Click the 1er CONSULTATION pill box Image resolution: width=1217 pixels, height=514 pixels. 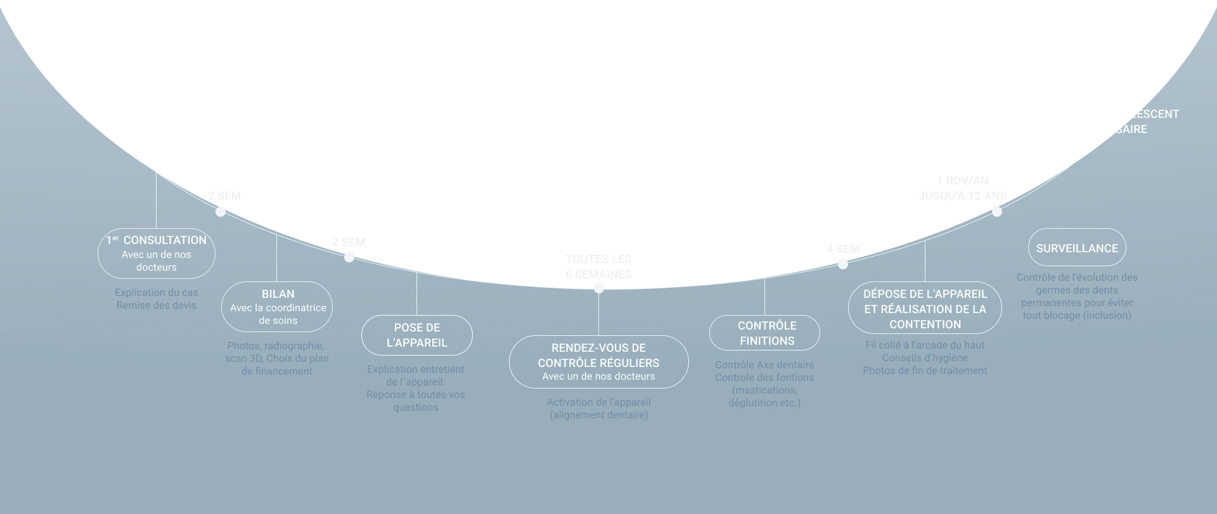click(157, 254)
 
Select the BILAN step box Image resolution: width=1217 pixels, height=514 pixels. click(277, 307)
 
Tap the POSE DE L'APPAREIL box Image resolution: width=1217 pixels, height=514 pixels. click(417, 335)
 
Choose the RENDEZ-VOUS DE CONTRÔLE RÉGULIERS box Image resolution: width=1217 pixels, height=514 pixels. click(598, 362)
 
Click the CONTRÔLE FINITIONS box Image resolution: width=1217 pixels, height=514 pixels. click(764, 333)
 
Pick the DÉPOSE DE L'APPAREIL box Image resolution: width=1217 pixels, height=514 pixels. click(925, 308)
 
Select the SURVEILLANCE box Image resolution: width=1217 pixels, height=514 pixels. click(1077, 248)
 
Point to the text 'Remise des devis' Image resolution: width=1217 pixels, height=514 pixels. click(157, 305)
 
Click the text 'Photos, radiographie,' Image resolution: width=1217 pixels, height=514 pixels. click(276, 346)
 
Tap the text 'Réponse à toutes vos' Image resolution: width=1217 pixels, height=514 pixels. click(416, 395)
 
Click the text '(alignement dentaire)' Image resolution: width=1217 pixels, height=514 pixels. click(599, 415)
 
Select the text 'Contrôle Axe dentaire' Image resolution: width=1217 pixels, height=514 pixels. click(764, 365)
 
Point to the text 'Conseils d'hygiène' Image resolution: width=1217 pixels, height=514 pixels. click(925, 358)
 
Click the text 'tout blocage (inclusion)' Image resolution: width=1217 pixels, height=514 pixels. click(1077, 316)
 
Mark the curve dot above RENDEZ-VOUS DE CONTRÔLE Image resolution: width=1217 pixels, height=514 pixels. click(598, 289)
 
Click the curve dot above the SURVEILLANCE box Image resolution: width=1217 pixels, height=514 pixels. click(997, 212)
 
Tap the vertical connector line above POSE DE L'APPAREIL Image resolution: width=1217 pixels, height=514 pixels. click(416, 293)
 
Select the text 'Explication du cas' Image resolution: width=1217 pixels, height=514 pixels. click(157, 293)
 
